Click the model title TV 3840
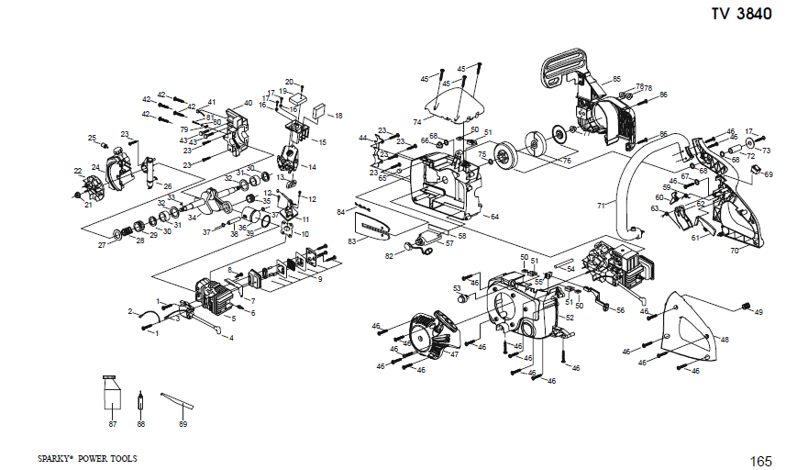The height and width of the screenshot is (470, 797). (x=741, y=14)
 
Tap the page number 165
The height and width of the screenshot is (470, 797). (x=760, y=460)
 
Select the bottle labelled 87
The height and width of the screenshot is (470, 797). (x=112, y=397)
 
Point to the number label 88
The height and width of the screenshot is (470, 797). (x=140, y=424)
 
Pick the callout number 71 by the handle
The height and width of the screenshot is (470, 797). (x=602, y=206)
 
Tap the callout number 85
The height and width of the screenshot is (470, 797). (x=616, y=79)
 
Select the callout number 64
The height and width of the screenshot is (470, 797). (x=494, y=217)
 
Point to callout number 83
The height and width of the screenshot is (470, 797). (x=351, y=241)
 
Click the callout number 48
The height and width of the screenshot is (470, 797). (x=725, y=340)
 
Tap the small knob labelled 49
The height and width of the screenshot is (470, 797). (x=746, y=306)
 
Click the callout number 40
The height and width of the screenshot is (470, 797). (x=248, y=103)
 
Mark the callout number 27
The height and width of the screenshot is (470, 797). (x=102, y=245)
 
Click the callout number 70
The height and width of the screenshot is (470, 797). (x=734, y=251)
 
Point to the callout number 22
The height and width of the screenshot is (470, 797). (x=78, y=171)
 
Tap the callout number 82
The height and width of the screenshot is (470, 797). (x=389, y=257)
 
